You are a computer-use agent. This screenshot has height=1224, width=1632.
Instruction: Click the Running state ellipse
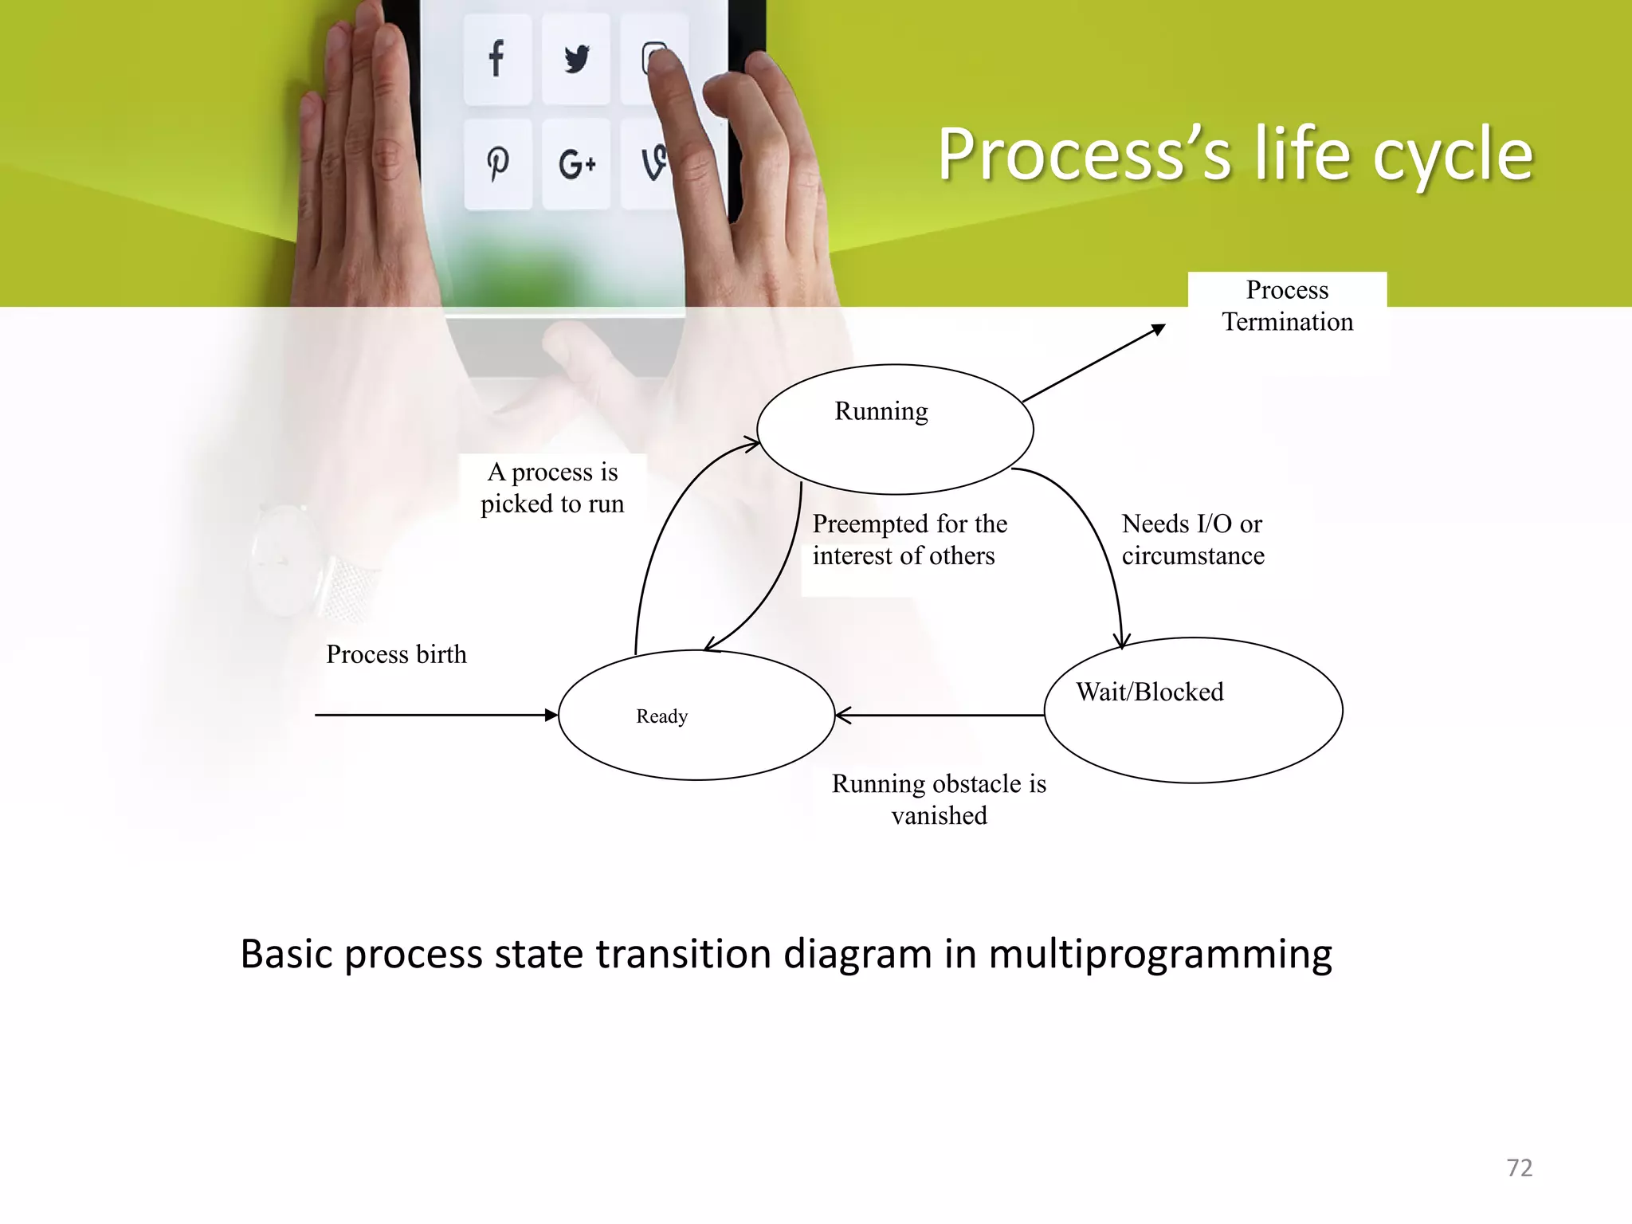894,446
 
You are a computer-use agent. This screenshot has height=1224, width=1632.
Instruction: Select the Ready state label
661,716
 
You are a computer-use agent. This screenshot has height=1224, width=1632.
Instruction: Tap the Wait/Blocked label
1149,692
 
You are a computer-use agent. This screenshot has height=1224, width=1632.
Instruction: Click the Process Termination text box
1287,306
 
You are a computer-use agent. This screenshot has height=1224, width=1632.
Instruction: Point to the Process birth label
396,654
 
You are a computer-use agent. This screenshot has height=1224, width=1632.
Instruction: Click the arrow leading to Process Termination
1093,363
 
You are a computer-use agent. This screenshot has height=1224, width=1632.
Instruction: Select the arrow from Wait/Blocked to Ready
940,716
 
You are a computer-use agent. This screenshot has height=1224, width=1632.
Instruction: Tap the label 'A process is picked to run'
552,488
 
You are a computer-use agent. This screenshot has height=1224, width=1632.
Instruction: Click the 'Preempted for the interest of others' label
908,539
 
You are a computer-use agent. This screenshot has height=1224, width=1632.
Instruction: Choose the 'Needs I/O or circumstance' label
1193,539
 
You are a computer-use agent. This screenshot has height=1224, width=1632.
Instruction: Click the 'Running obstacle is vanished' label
939,799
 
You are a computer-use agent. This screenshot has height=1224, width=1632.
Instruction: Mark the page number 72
1519,1168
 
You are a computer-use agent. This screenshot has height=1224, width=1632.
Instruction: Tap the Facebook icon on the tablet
496,59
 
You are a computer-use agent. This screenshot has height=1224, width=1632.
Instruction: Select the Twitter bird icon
576,59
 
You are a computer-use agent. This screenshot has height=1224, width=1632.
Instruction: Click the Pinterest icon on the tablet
498,164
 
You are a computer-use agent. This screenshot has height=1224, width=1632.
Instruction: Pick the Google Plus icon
577,165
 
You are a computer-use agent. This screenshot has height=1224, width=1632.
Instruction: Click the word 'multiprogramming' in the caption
1159,955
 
